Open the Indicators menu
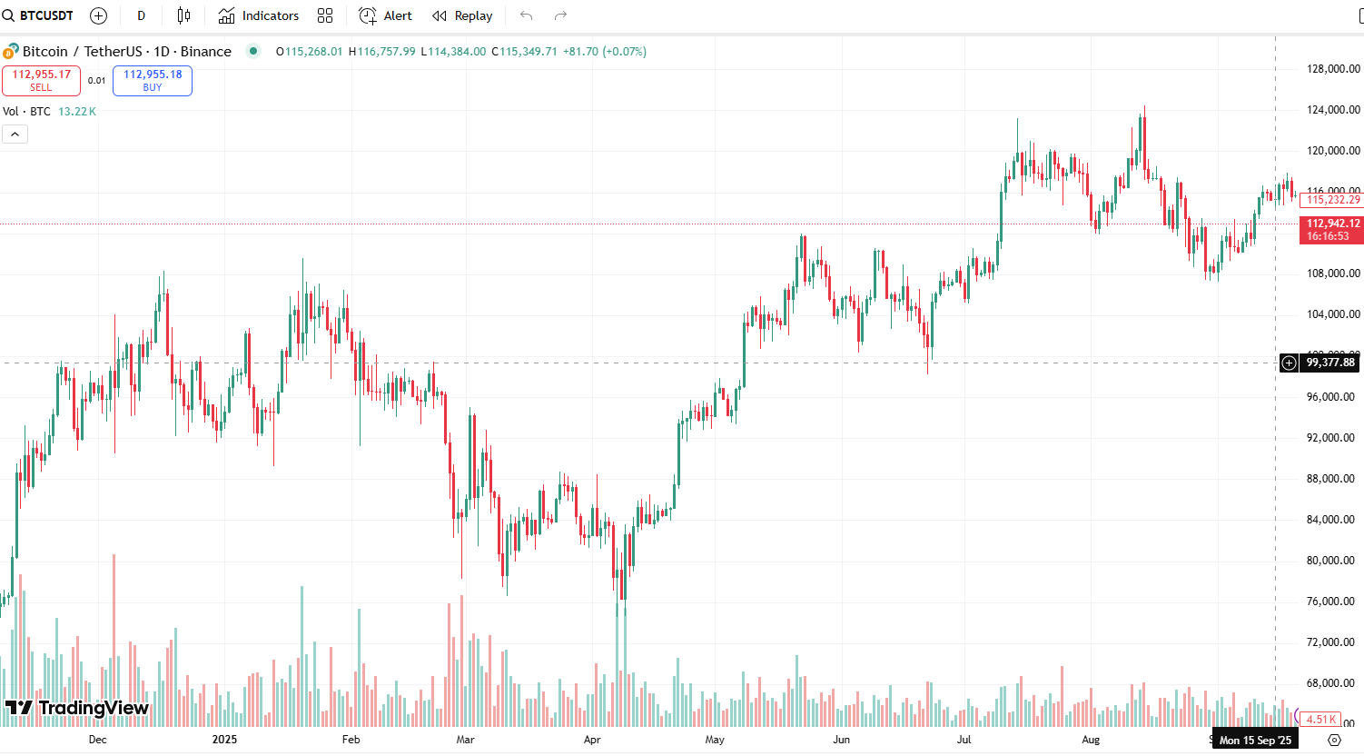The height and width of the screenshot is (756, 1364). coord(259,15)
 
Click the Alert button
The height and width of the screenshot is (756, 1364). coord(386,15)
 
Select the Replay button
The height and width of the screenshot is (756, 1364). coord(462,15)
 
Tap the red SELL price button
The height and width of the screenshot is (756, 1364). coord(41,80)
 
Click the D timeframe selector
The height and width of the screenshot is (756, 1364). coord(141,15)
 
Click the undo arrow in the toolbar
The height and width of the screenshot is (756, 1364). coord(526,15)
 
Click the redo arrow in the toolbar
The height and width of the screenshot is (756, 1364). coord(560,15)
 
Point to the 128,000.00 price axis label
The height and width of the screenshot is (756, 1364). coord(1332,69)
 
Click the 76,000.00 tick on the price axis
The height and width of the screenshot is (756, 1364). coord(1332,602)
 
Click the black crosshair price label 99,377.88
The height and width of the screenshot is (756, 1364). coord(1329,363)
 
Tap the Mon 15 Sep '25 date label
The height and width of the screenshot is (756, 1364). coord(1255,741)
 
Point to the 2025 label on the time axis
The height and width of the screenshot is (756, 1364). coord(224,740)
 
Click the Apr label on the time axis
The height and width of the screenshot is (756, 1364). coord(592,740)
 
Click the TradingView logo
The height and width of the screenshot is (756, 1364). coord(77,708)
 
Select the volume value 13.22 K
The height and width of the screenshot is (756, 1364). coord(77,112)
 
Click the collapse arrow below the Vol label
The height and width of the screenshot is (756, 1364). coord(15,134)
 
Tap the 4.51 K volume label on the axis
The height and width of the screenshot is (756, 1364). coord(1320,720)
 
